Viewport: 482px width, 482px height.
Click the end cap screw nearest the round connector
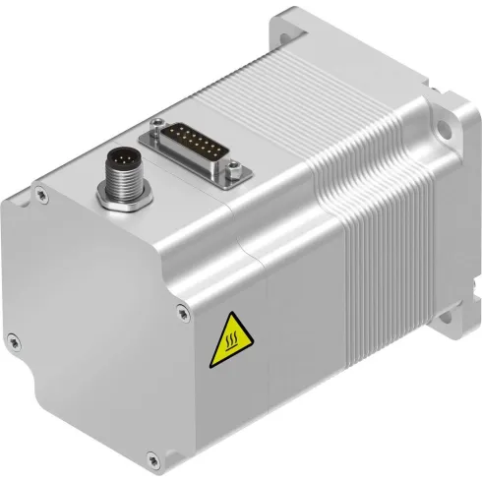40,195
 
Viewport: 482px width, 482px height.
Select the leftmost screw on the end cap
13,340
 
